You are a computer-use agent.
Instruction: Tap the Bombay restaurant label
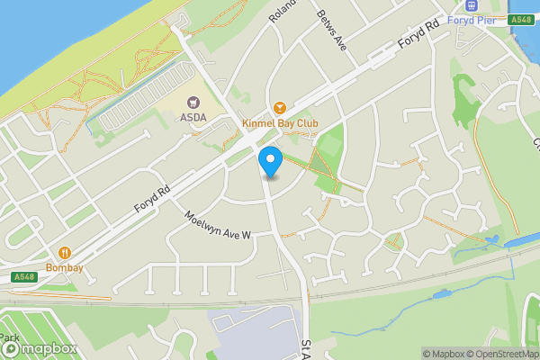pos(65,267)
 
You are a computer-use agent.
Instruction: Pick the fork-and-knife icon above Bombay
pos(65,254)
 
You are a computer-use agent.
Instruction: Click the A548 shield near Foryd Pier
pos(520,20)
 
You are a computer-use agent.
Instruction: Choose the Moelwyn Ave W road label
pos(218,226)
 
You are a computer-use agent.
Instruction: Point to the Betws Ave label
pos(331,29)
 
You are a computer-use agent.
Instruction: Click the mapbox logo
pos(39,348)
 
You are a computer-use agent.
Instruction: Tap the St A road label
pos(306,346)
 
